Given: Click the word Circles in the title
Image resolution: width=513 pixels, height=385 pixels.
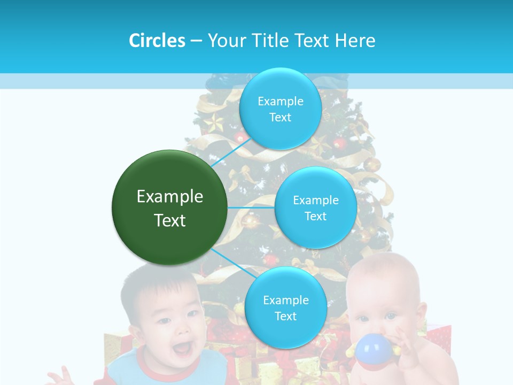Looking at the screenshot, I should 157,41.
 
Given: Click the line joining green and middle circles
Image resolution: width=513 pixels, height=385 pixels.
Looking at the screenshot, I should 251,207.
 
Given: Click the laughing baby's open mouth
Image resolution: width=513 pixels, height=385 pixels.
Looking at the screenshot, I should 182,349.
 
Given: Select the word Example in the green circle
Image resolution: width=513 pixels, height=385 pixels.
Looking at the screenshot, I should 170,197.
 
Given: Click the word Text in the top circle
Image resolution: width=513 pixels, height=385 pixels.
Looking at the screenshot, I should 280,118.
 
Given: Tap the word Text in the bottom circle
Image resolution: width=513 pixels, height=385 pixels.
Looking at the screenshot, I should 285,316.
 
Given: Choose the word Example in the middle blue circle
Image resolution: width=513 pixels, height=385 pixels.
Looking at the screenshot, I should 316,201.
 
